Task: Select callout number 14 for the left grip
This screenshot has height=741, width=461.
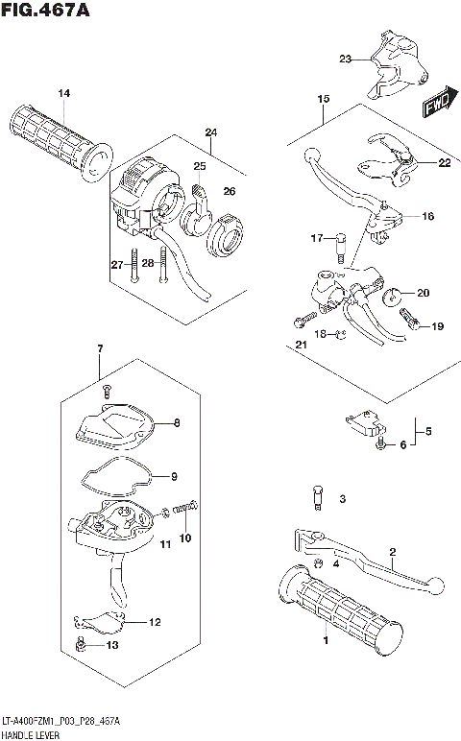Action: [64, 93]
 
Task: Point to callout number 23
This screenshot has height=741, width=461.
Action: [345, 60]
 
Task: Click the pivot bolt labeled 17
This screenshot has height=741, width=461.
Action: [340, 244]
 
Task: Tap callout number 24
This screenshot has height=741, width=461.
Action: [210, 131]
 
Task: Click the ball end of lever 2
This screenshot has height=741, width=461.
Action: [435, 583]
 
